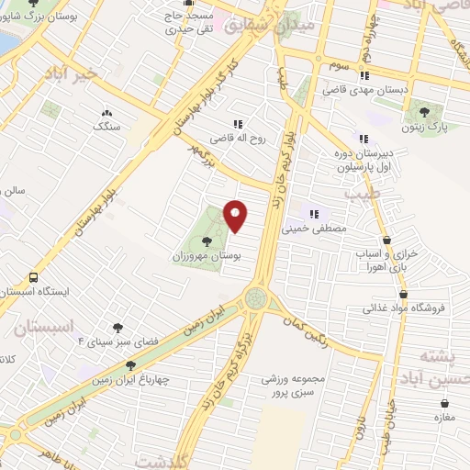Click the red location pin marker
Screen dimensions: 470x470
point(236,216)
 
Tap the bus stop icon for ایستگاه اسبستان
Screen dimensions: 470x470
point(34,276)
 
